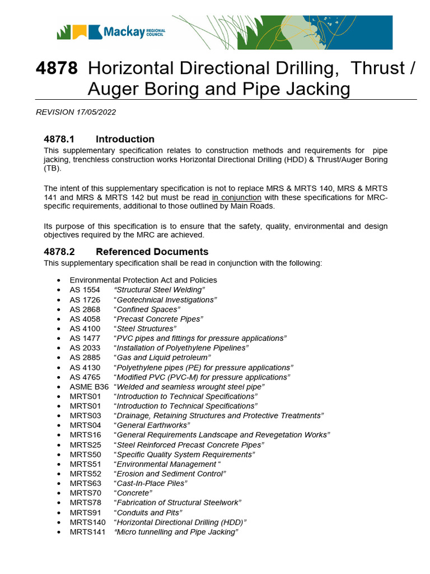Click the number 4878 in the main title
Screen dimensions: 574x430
pyautogui.click(x=57, y=68)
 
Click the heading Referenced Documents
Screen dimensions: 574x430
pyautogui.click(x=152, y=252)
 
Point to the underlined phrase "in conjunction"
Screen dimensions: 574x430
pyautogui.click(x=236, y=197)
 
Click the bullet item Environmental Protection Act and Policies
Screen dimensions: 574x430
pyautogui.click(x=143, y=280)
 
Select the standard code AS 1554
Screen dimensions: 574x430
pyautogui.click(x=85, y=289)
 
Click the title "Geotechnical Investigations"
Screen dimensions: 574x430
pyautogui.click(x=165, y=299)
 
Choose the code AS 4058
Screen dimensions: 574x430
pyautogui.click(x=85, y=318)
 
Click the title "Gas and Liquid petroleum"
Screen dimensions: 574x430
pyautogui.click(x=162, y=357)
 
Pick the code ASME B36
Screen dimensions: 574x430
pyautogui.click(x=89, y=386)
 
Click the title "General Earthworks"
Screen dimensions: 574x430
pyautogui.click(x=152, y=425)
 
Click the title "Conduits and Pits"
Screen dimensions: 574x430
pyautogui.click(x=148, y=512)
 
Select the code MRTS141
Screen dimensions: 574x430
pyautogui.click(x=87, y=531)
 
